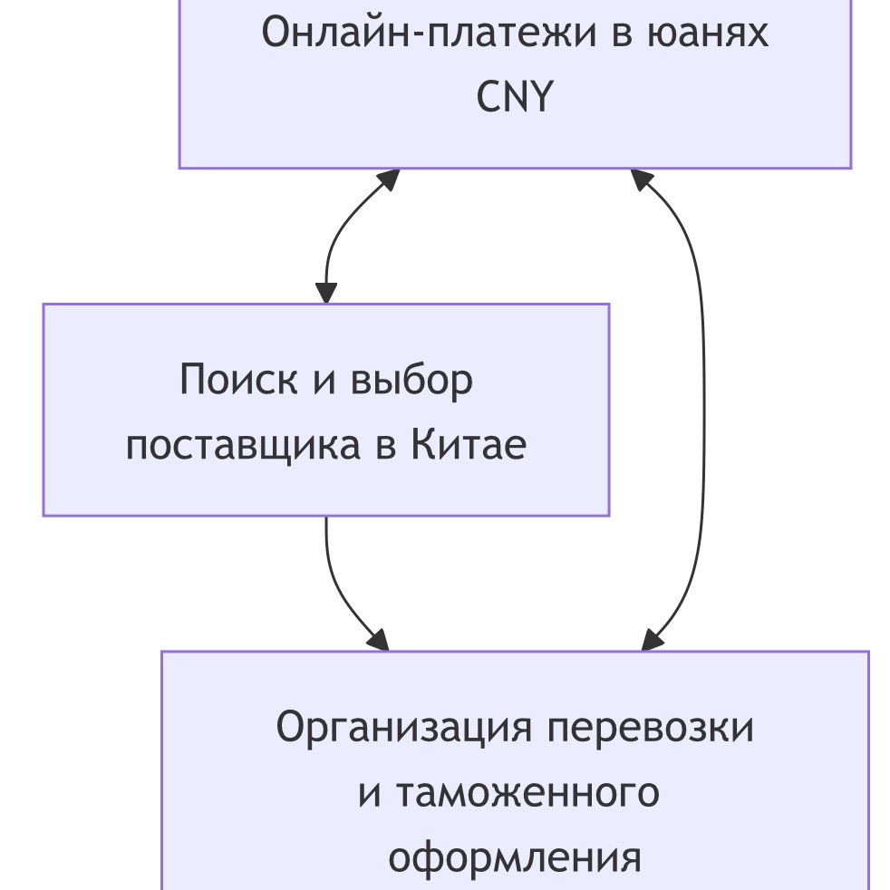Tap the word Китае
pyautogui.click(x=469, y=446)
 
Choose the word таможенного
pyautogui.click(x=527, y=793)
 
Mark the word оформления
pyautogui.click(x=515, y=857)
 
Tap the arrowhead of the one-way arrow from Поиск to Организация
pyautogui.click(x=380, y=641)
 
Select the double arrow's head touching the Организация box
pyautogui.click(x=651, y=640)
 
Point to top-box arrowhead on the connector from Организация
pyautogui.click(x=642, y=179)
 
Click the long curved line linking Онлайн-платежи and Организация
pyautogui.click(x=703, y=408)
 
